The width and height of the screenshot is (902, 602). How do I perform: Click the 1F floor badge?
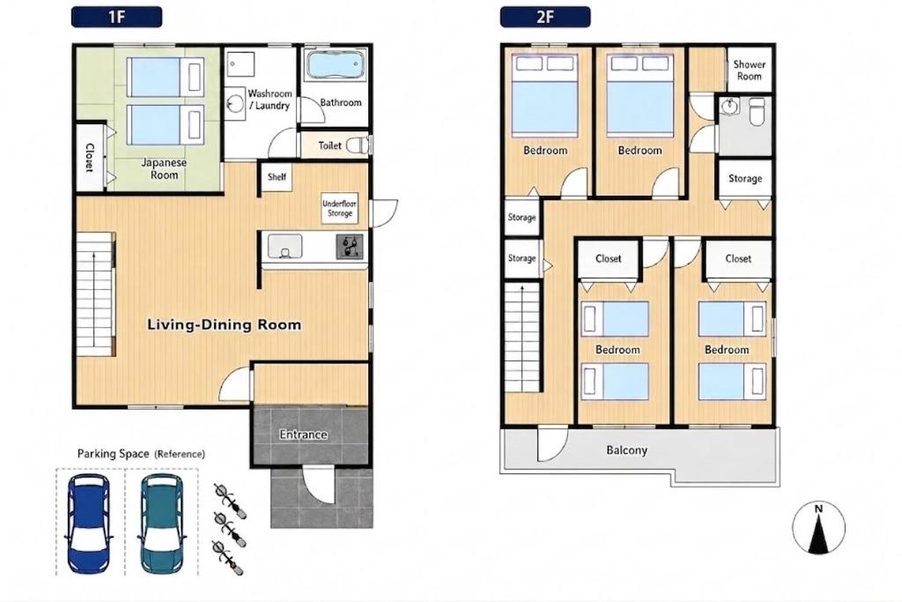click(116, 17)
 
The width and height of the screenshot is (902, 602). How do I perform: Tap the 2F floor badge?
click(544, 17)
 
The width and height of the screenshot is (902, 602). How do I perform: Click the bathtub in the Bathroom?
click(336, 65)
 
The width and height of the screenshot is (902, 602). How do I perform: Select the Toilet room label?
click(329, 145)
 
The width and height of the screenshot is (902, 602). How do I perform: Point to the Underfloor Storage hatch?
click(339, 208)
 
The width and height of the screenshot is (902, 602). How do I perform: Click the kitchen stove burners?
click(350, 246)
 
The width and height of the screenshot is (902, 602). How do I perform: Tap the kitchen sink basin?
click(285, 246)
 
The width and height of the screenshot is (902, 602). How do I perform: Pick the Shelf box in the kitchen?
click(276, 177)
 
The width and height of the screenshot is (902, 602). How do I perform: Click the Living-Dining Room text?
click(224, 324)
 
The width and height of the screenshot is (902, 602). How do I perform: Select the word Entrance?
click(303, 435)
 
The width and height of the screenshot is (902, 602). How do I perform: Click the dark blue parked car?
click(89, 524)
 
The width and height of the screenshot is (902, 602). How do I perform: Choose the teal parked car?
click(162, 524)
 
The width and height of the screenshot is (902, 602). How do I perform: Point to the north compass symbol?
click(818, 528)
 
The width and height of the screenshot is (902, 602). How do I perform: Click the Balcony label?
click(626, 450)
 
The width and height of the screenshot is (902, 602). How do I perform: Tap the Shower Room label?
click(749, 71)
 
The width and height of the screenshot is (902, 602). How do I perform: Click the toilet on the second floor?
click(757, 111)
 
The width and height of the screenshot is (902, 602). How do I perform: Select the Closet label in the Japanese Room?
click(90, 157)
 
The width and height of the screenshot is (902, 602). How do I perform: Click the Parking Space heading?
click(141, 454)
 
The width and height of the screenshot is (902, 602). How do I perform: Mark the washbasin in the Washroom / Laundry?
click(234, 104)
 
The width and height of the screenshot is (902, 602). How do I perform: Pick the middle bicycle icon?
click(230, 528)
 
